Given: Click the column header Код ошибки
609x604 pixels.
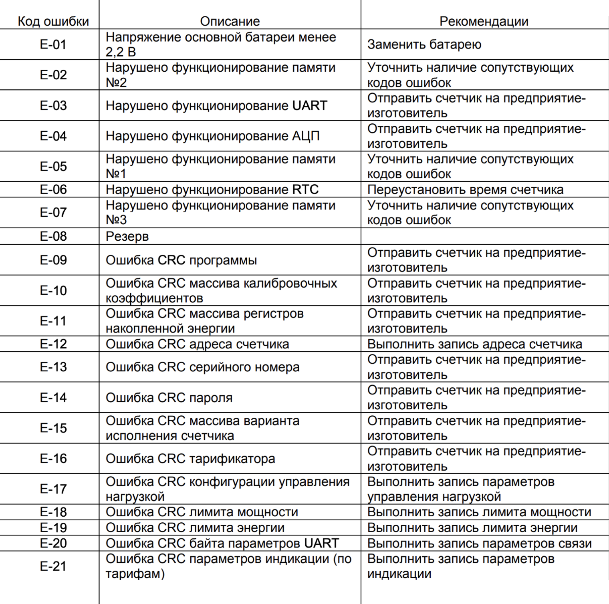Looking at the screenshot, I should click(x=53, y=21).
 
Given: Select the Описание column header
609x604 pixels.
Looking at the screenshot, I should click(x=230, y=21).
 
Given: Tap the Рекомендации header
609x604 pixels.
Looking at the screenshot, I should click(x=484, y=21).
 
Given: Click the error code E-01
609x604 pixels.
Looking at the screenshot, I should click(x=53, y=44).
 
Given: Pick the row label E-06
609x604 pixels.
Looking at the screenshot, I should click(x=53, y=189).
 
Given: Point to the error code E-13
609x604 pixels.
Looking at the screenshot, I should click(x=53, y=367).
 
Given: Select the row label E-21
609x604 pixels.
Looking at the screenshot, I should click(x=53, y=566).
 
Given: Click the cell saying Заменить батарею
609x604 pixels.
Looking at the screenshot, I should click(x=424, y=44).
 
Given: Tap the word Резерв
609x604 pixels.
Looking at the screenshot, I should click(x=127, y=236).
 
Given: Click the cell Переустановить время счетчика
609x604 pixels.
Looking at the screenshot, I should click(x=465, y=189).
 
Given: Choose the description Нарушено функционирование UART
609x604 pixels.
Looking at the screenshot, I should click(x=216, y=106).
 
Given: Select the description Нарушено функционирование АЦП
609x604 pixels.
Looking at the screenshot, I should click(x=213, y=136).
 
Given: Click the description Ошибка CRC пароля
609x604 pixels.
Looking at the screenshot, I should click(x=169, y=398).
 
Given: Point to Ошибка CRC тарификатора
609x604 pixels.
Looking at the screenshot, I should click(x=190, y=459).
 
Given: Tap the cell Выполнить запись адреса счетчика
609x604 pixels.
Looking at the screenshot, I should click(x=475, y=344).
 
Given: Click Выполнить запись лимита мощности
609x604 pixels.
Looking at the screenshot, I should click(x=479, y=512).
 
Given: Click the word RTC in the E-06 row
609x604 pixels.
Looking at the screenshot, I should click(x=305, y=189).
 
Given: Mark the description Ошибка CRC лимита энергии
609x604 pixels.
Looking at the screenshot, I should click(x=195, y=528).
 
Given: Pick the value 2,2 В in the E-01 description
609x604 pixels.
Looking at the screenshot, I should click(x=121, y=52).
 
